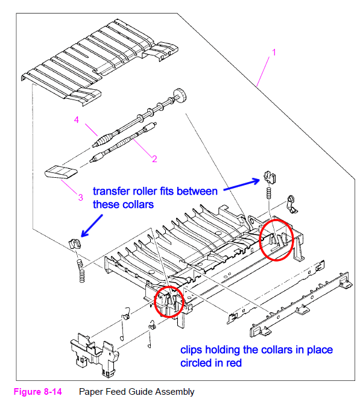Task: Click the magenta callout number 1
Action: [274, 52]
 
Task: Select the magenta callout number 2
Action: [154, 159]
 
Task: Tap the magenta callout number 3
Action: [80, 198]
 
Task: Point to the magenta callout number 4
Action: [77, 120]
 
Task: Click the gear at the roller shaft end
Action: [180, 95]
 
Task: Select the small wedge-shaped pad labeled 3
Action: [61, 172]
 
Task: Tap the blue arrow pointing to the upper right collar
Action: [241, 184]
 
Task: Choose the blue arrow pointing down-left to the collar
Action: [92, 225]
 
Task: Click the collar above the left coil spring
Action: [75, 244]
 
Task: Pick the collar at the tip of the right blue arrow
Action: [270, 177]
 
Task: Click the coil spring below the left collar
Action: [81, 271]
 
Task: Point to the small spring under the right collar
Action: [268, 193]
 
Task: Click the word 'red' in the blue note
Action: [234, 363]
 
